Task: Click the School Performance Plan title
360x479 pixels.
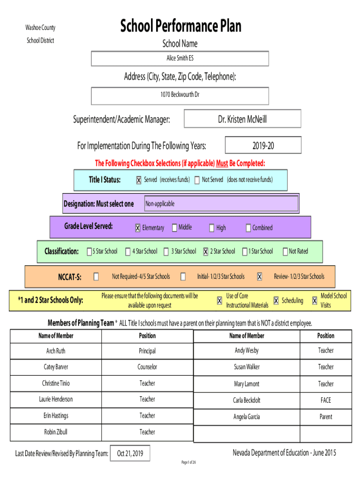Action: pos(180,26)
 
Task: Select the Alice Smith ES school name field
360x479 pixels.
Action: pos(180,58)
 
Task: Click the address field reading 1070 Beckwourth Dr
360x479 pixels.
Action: pos(180,94)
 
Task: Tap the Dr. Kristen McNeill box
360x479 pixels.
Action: pos(242,119)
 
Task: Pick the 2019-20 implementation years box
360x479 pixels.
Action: pos(263,146)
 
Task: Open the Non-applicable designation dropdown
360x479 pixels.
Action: pos(221,204)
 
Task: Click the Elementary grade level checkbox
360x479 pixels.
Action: pos(137,228)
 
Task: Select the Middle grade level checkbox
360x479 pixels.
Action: pos(174,228)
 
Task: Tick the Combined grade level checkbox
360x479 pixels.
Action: pos(248,228)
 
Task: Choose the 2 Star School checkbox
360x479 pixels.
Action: pos(206,252)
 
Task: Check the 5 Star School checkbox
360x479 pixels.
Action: pos(89,252)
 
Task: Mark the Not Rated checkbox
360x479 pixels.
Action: pos(285,252)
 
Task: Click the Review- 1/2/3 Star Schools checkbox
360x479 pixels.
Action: pos(259,276)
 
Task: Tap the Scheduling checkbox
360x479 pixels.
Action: pos(276,301)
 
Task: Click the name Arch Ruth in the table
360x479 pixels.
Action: pos(56,351)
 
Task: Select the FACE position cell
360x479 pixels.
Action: pos(325,400)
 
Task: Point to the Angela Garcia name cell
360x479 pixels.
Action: pos(246,417)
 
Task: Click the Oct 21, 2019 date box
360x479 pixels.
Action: pos(130,453)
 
